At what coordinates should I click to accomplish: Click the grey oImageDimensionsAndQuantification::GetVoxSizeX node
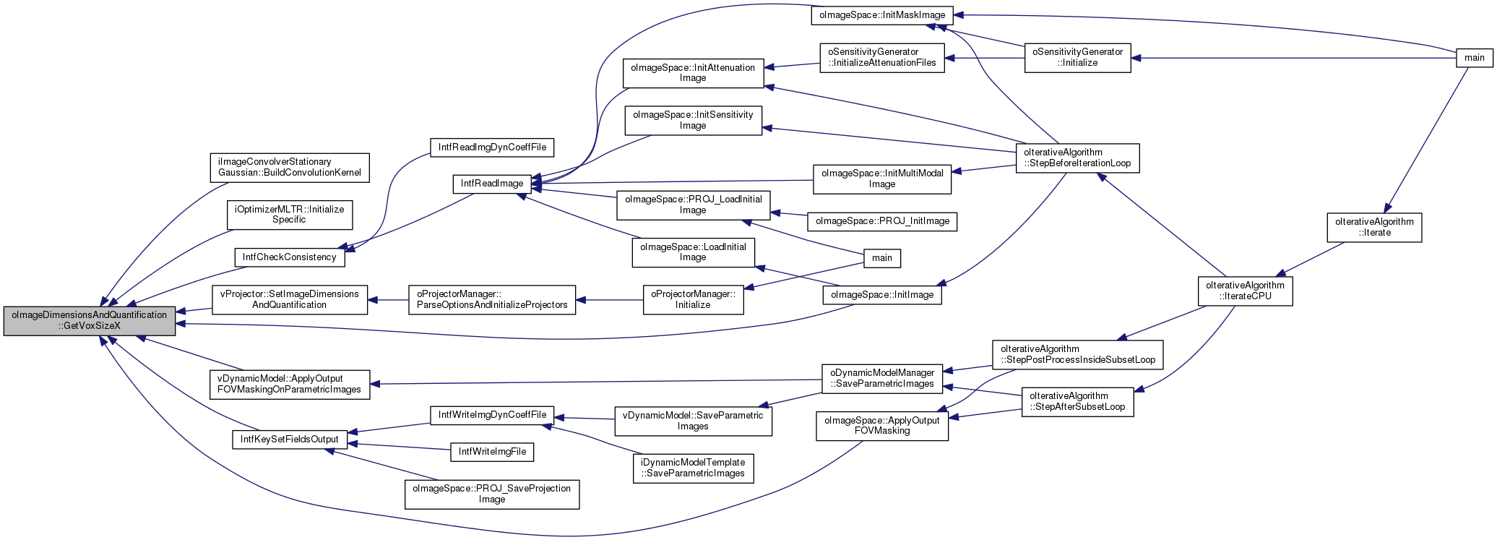[x=90, y=320]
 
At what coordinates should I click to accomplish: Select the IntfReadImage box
[x=492, y=184]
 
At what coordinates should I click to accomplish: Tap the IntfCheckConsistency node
[x=289, y=257]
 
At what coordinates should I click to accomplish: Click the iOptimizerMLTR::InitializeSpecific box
[x=290, y=215]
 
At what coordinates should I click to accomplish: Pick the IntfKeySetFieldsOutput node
[x=290, y=440]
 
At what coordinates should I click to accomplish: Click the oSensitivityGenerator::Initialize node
[x=1078, y=57]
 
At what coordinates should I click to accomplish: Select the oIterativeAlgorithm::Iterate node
[x=1374, y=227]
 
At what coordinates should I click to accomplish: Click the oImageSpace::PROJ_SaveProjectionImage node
[x=492, y=494]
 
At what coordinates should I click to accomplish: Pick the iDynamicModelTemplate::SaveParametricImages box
[x=693, y=468]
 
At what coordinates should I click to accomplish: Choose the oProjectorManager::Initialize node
[x=694, y=299]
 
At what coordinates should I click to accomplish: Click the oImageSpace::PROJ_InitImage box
[x=882, y=221]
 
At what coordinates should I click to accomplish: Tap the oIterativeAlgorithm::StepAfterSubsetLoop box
[x=1077, y=401]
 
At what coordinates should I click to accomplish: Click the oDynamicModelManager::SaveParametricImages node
[x=882, y=378]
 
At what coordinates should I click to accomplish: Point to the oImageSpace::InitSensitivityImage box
[x=693, y=120]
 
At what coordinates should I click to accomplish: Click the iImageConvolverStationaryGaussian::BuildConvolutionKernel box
[x=290, y=167]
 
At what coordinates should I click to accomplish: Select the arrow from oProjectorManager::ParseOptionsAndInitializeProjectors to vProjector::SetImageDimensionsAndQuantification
[x=388, y=299]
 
